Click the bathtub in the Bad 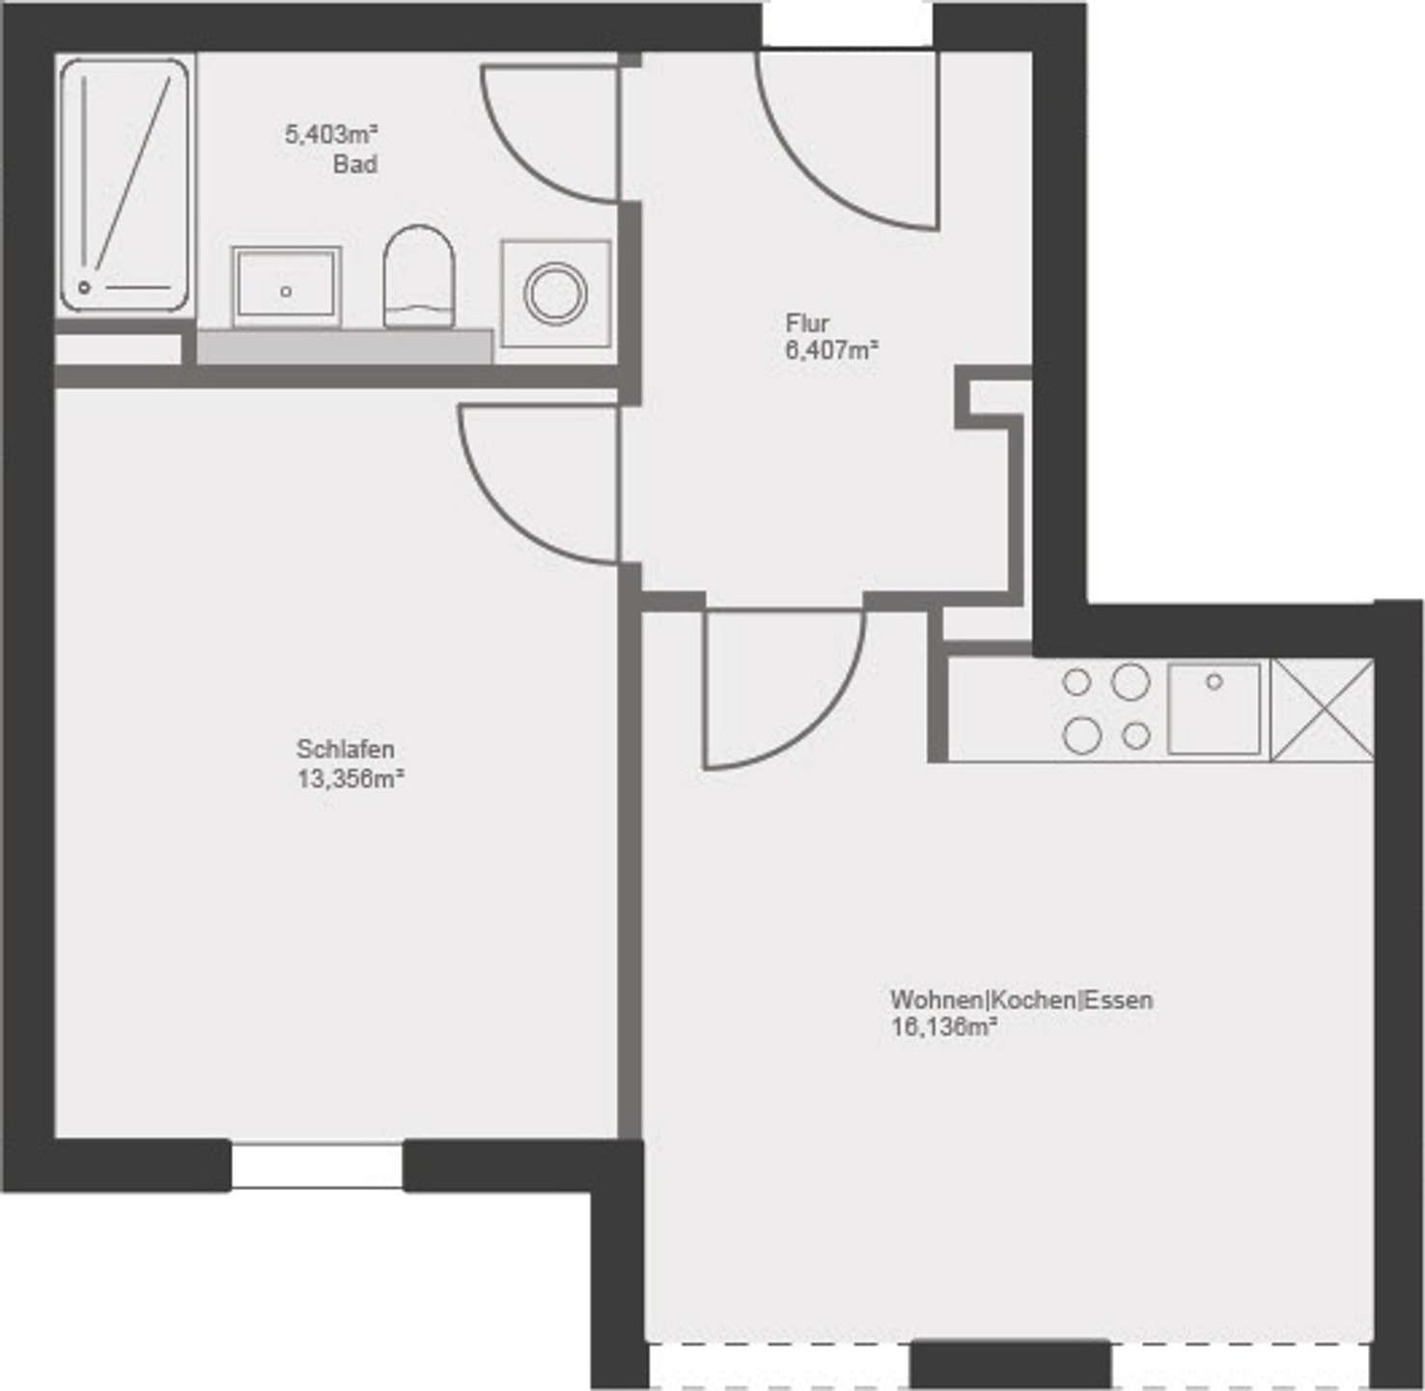(x=124, y=184)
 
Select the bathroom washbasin (x=286, y=286)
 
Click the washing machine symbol (x=555, y=293)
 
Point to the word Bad (x=354, y=164)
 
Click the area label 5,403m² (x=330, y=134)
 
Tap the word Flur (x=807, y=323)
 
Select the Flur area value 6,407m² (x=831, y=351)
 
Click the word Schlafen (x=345, y=749)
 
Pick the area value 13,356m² (x=349, y=779)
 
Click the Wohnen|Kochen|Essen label (x=1020, y=999)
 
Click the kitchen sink (x=1214, y=708)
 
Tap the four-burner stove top (x=1106, y=708)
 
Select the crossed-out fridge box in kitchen (x=1322, y=709)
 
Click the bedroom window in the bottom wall (x=317, y=1165)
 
